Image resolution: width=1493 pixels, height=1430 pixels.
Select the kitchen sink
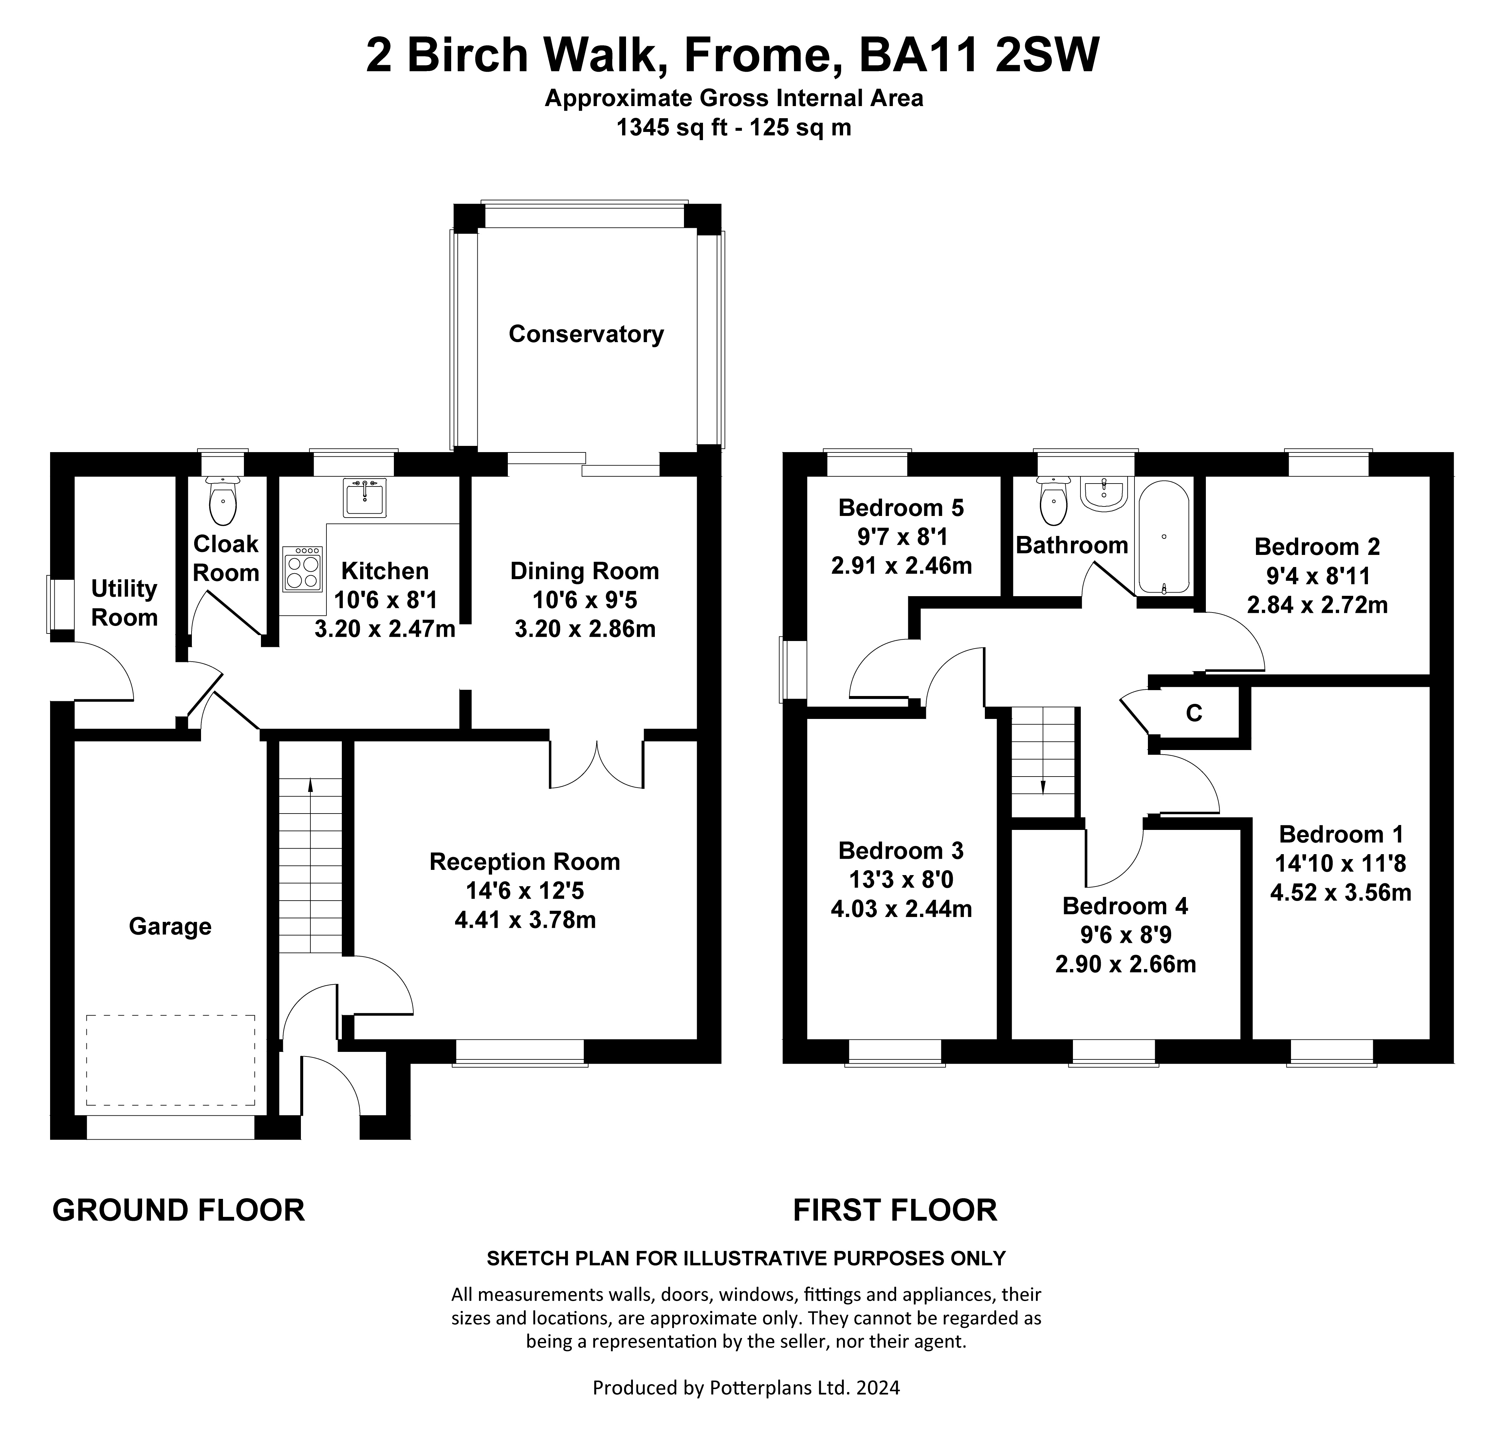(365, 498)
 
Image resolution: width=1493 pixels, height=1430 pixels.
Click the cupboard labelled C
(1194, 713)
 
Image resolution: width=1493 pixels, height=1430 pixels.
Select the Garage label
(170, 926)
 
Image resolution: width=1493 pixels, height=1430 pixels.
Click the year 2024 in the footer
(878, 1387)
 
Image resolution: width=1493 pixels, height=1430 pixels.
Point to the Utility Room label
(124, 603)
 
